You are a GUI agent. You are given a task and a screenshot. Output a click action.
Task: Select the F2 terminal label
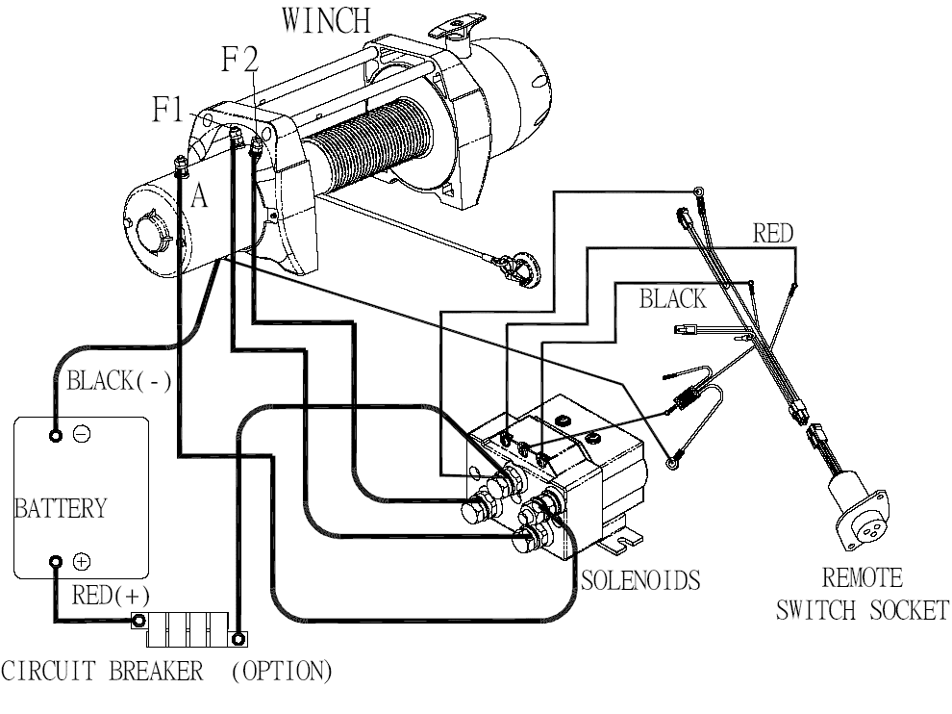point(238,61)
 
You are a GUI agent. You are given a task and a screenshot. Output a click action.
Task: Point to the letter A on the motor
point(199,196)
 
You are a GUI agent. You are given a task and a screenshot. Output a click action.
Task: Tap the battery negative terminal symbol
point(83,435)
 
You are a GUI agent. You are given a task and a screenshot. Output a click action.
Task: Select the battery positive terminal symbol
point(83,560)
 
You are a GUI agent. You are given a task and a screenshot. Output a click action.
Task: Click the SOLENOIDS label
point(639,580)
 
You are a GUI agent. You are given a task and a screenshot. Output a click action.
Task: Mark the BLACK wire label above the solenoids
point(672,299)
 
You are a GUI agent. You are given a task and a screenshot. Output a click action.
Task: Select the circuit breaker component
point(189,629)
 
